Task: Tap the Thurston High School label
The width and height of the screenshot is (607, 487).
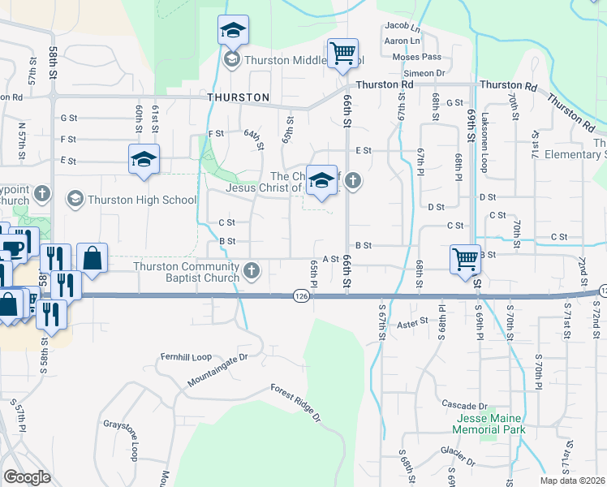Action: [142, 200]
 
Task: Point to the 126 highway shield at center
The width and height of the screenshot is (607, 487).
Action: [301, 297]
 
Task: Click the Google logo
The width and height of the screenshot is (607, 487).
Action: [28, 477]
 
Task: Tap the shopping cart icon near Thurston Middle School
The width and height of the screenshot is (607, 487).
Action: [342, 54]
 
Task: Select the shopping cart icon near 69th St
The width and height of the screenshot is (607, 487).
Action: [465, 259]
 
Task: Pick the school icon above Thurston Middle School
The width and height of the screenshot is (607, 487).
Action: [233, 31]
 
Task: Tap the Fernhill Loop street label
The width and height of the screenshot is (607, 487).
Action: [186, 356]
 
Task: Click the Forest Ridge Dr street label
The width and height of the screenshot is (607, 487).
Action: [296, 402]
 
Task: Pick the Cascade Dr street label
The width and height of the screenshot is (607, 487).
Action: [463, 404]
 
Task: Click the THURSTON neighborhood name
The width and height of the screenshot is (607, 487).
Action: [238, 97]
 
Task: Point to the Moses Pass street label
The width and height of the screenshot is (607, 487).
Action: [416, 57]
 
